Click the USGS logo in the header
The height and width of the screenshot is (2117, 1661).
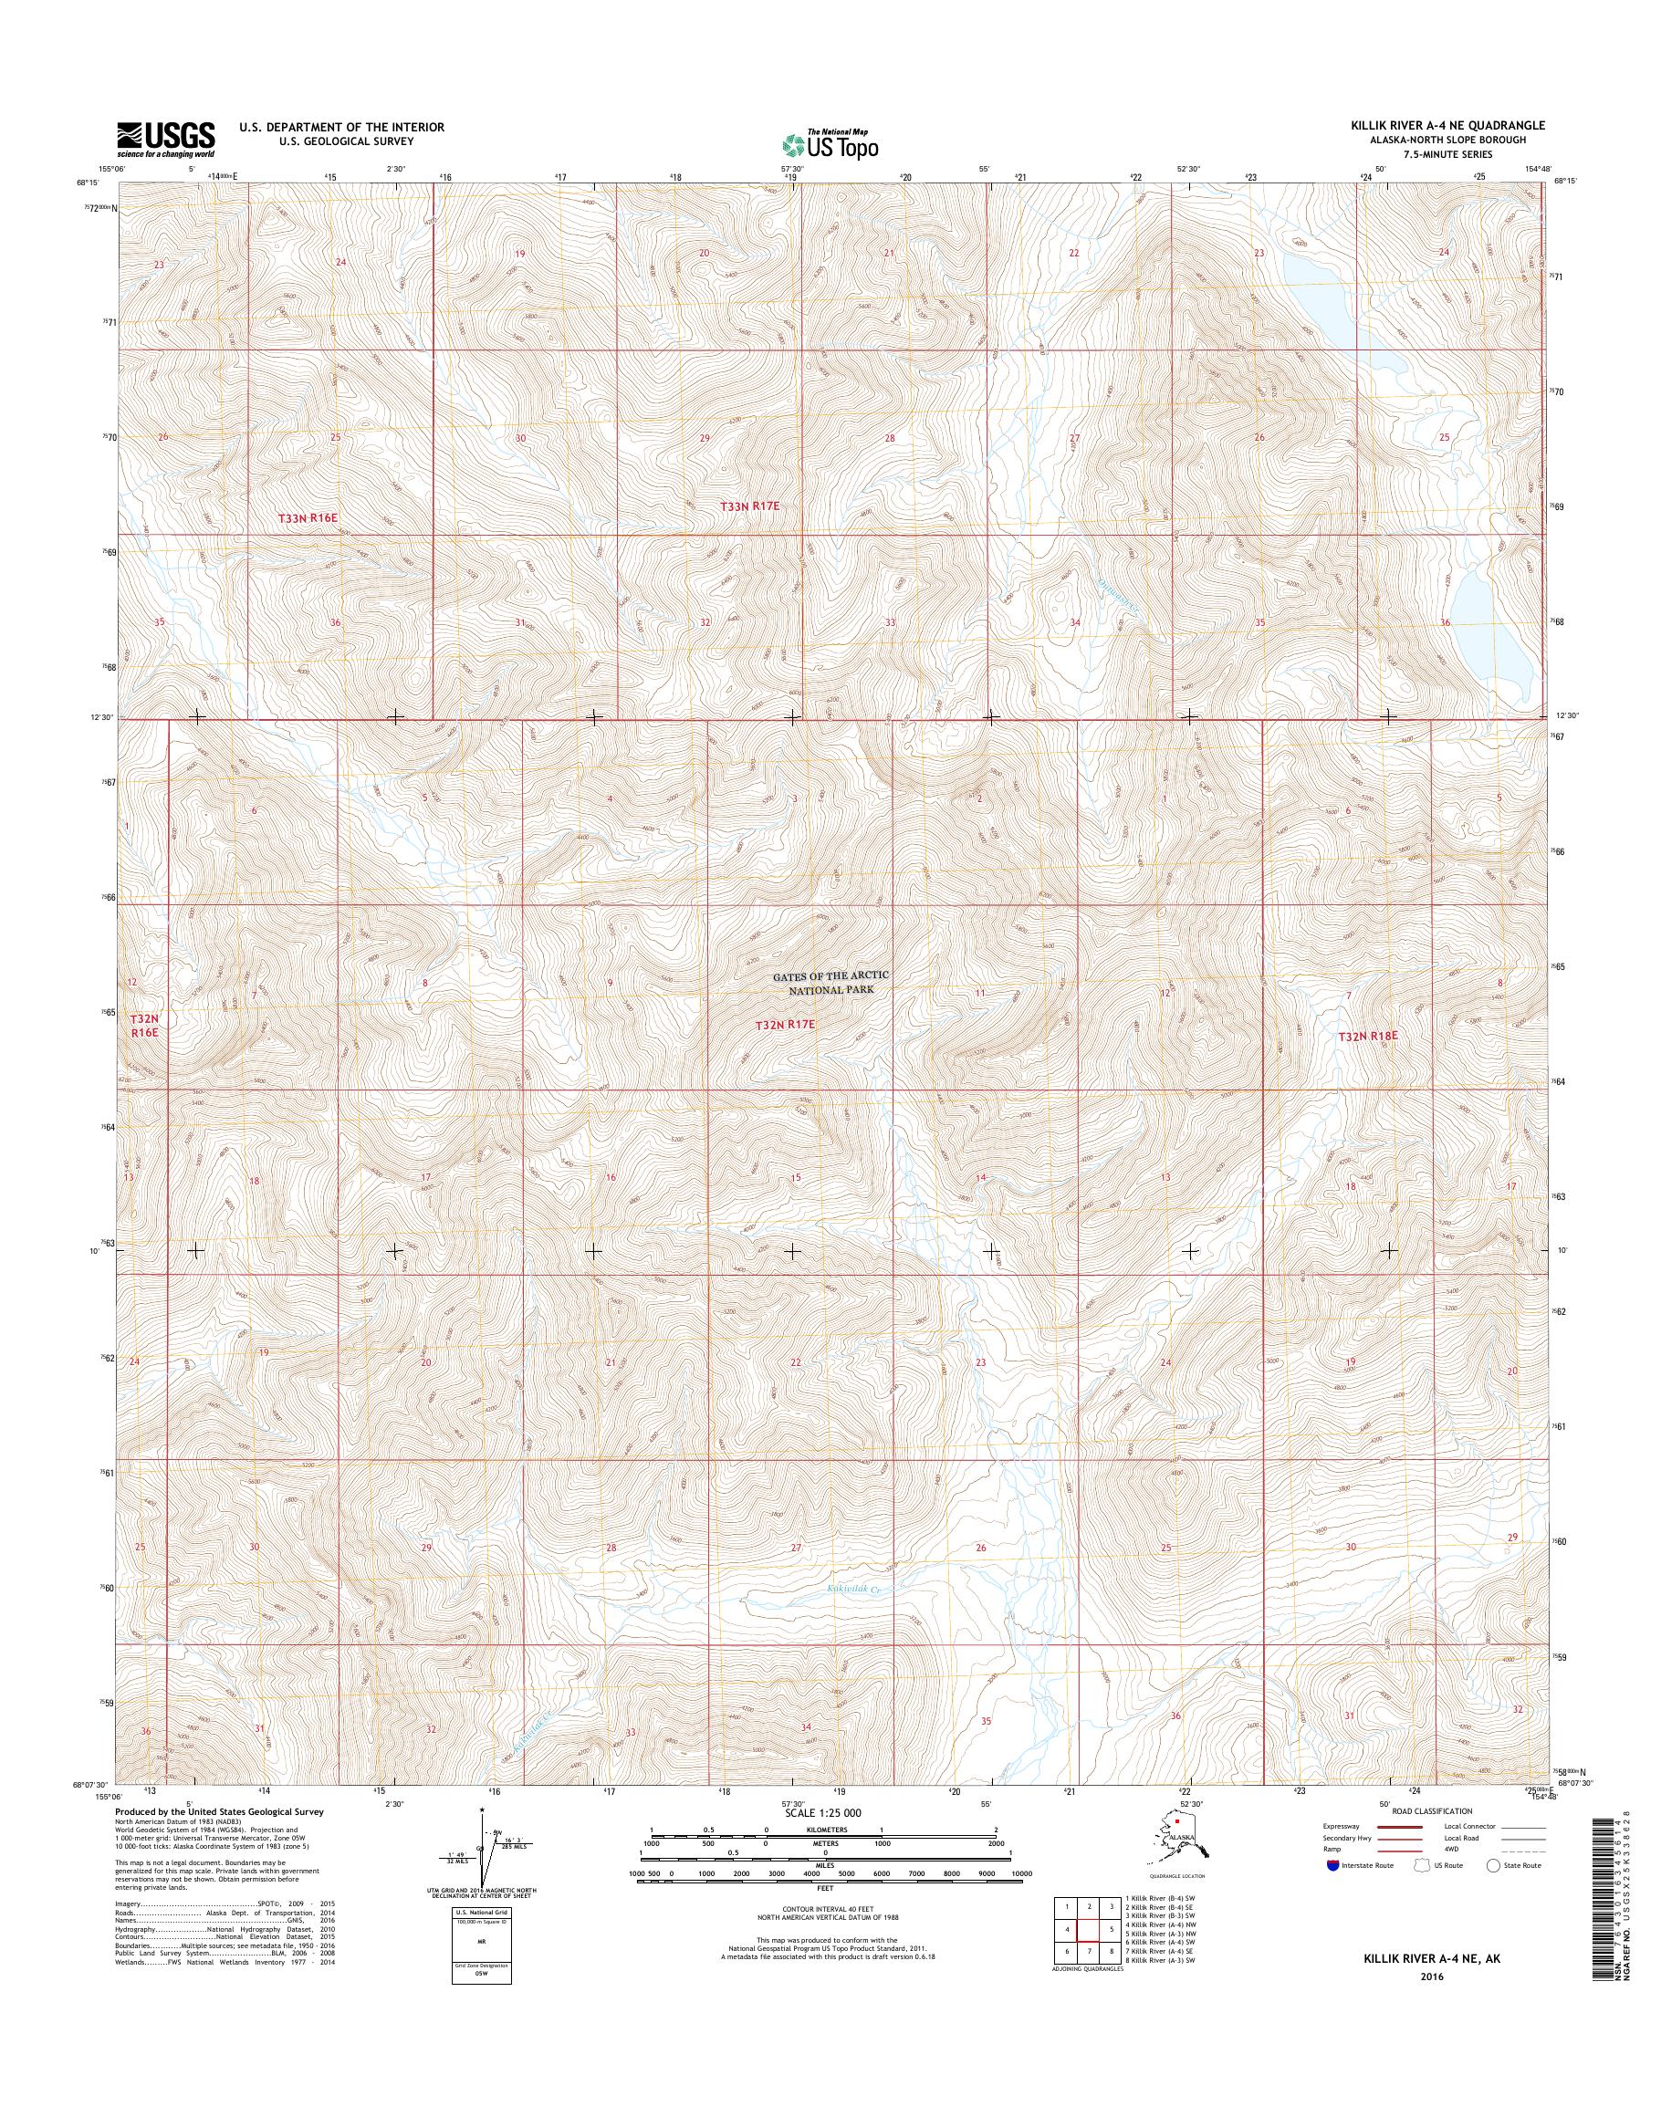[x=165, y=138]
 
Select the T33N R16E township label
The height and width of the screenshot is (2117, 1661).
[x=312, y=519]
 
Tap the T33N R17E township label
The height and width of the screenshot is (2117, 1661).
[x=751, y=506]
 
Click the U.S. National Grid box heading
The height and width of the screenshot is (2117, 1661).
[x=475, y=1913]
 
